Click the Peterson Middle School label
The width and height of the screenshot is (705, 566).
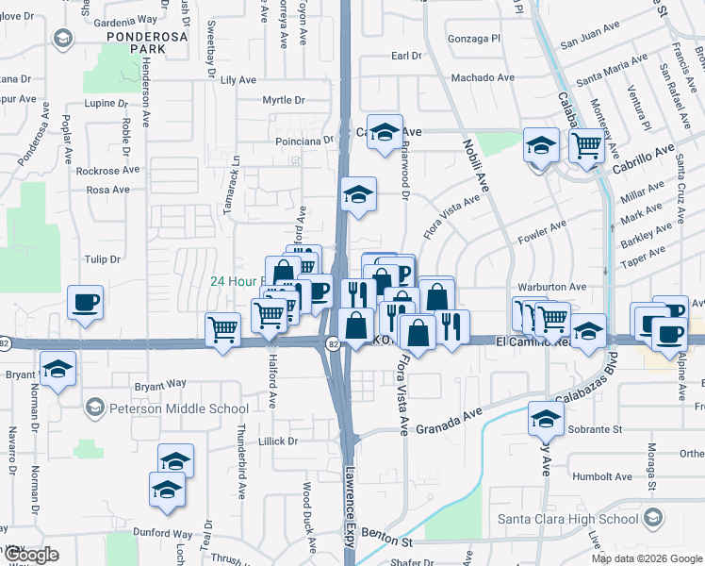[177, 408]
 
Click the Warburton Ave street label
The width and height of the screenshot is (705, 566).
[552, 287]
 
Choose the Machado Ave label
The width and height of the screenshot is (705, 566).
[483, 78]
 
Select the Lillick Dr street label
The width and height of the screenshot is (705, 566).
[278, 441]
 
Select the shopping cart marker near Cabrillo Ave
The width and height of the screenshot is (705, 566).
[586, 146]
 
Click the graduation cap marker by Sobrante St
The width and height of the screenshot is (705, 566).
[545, 416]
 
